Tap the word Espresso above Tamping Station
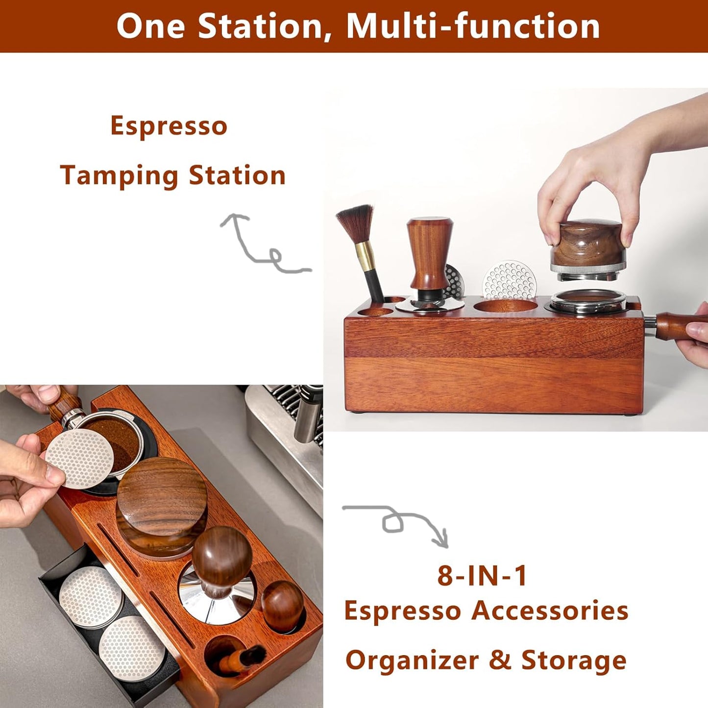169,126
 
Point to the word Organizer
412,660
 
